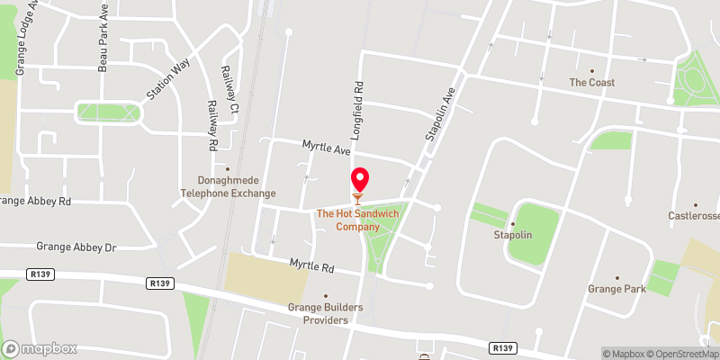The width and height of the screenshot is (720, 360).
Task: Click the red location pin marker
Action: coord(359,180)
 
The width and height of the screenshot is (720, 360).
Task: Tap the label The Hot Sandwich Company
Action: coord(358,220)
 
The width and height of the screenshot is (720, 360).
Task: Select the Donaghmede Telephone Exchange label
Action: coord(228,186)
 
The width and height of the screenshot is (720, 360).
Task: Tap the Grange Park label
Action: coord(617,289)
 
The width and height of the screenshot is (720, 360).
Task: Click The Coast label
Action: coord(592,82)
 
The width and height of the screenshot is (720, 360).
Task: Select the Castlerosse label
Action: coord(695,215)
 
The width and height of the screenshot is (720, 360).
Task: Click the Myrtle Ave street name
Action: coord(326,146)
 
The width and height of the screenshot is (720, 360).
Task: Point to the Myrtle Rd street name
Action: coord(311,266)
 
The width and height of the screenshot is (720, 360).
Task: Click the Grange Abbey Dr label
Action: coord(76,247)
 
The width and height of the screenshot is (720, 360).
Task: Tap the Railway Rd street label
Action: coord(213,125)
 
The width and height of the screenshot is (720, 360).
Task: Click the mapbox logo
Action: coord(40,348)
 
